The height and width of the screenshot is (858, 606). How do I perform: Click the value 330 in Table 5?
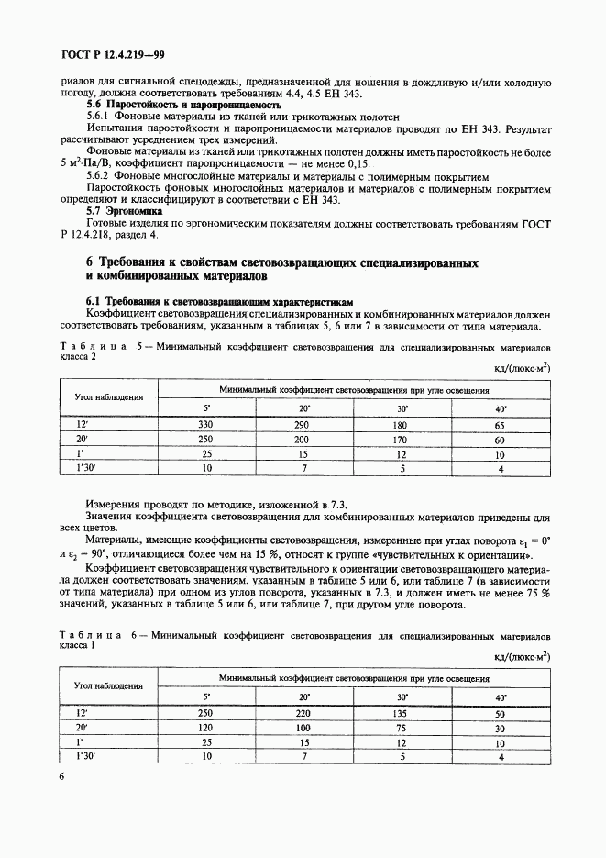point(205,425)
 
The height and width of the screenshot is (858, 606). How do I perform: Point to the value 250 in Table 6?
point(205,712)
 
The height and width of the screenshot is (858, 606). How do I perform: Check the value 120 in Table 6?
point(205,728)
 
